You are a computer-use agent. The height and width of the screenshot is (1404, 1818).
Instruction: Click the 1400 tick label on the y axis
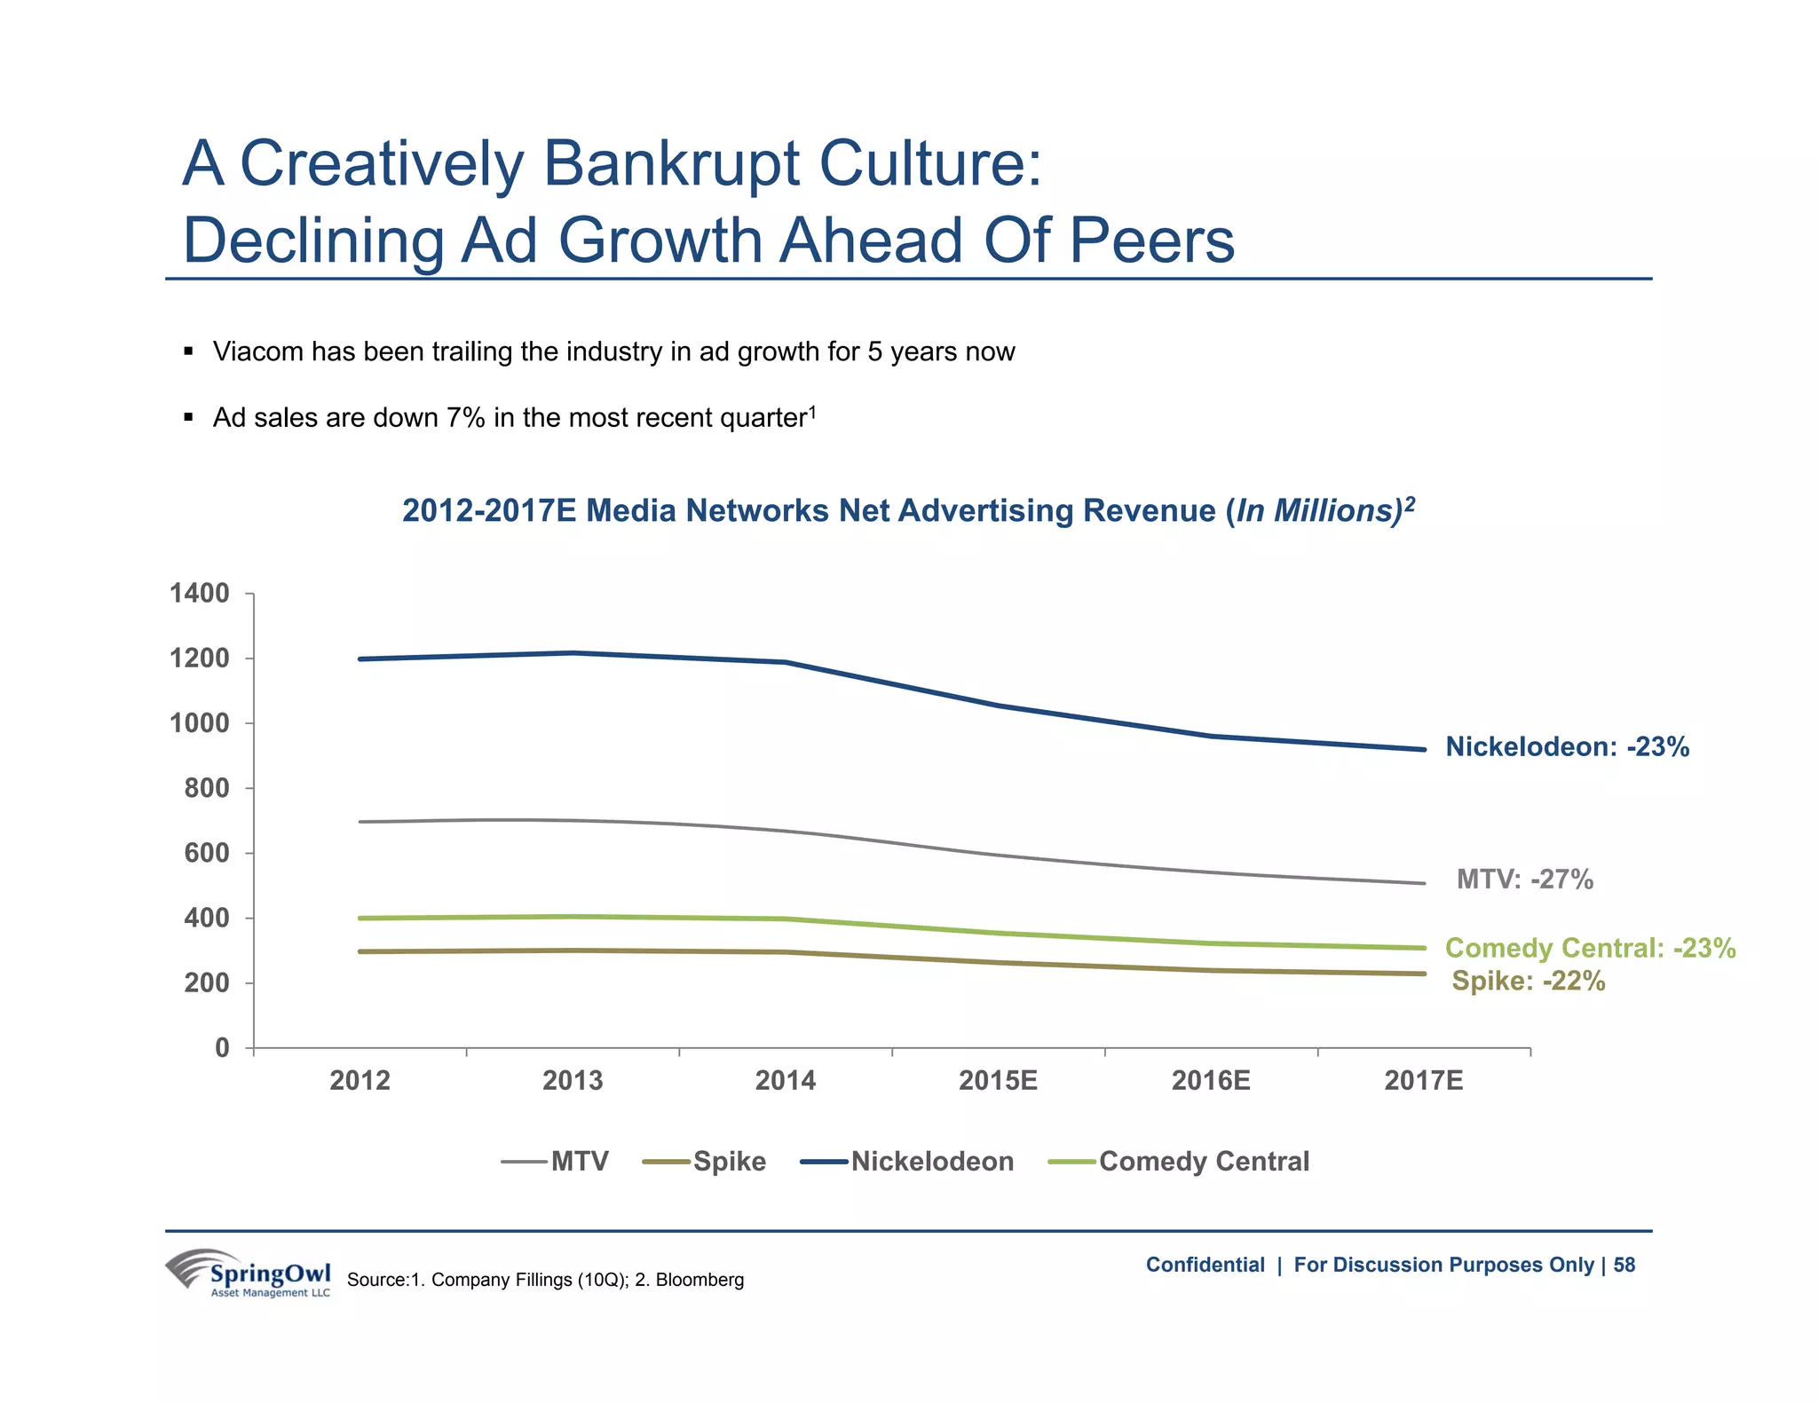(199, 594)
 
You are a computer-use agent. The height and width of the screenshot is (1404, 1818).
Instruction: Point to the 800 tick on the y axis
(206, 788)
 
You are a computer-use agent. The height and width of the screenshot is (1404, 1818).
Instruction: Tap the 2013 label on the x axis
(573, 1081)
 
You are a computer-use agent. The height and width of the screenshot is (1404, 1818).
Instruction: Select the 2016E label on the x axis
(1211, 1081)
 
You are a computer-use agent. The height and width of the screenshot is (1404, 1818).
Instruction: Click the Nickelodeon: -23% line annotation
(1567, 747)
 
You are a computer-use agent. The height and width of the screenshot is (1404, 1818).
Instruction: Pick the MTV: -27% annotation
(1525, 879)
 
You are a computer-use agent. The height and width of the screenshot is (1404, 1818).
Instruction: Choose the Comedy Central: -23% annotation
(1590, 948)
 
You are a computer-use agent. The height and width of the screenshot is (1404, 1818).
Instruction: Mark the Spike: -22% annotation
(1529, 982)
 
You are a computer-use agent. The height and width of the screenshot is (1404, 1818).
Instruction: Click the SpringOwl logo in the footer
(249, 1274)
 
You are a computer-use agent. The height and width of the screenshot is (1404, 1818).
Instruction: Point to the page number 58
(1624, 1266)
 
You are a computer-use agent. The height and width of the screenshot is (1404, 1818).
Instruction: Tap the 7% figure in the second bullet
(465, 418)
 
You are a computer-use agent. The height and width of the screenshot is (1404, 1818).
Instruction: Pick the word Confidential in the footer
(1205, 1266)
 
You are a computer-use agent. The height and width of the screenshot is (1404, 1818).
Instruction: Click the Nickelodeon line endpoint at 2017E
(1424, 750)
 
